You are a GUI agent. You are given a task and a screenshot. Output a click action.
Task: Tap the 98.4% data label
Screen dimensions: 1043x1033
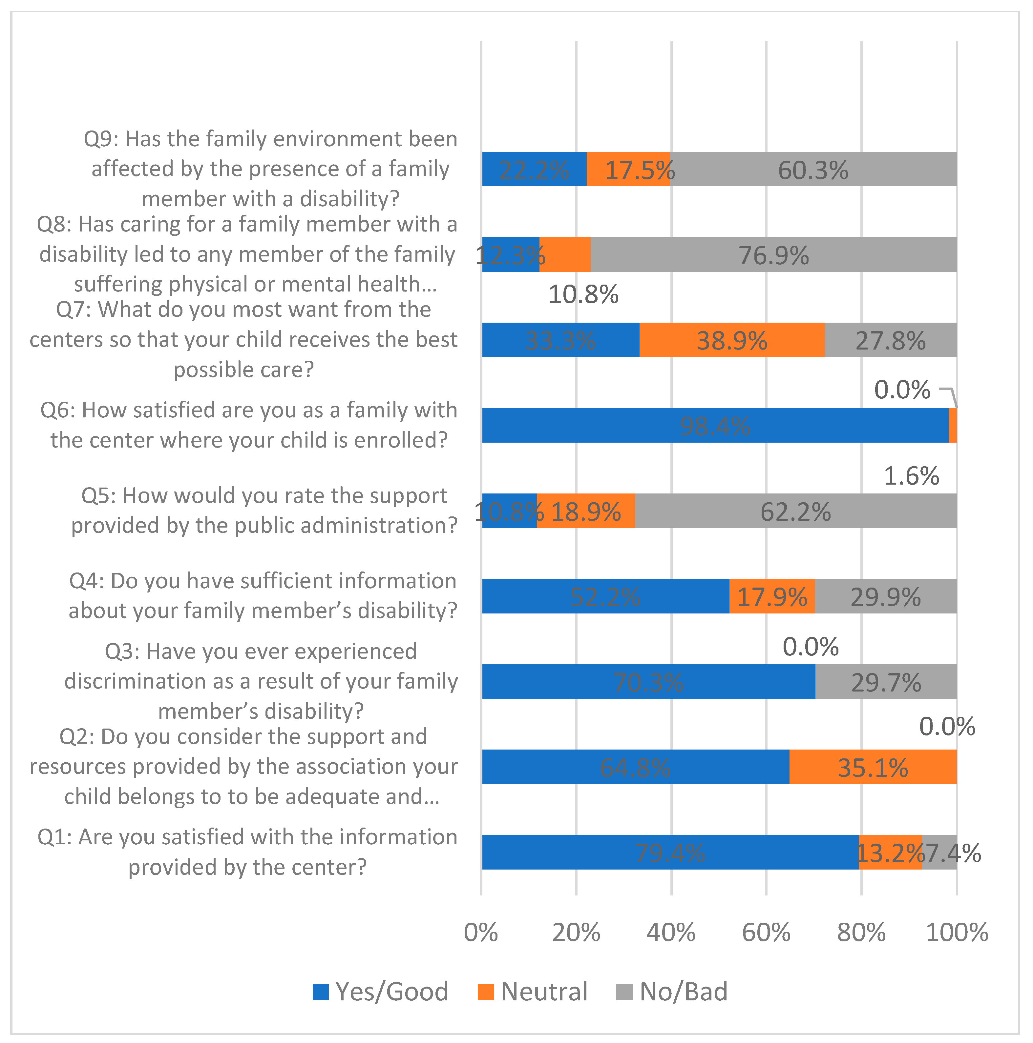(x=714, y=427)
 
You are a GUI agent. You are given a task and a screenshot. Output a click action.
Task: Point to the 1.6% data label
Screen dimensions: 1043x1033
(x=911, y=476)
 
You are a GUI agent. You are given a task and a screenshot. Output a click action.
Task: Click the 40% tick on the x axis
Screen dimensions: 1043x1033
(x=671, y=932)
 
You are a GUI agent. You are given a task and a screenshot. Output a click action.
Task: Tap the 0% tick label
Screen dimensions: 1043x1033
(x=481, y=932)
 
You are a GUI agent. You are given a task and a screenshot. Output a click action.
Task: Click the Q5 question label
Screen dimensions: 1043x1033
(x=264, y=510)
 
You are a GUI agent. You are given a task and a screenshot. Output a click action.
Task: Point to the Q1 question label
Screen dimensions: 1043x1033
(x=247, y=852)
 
